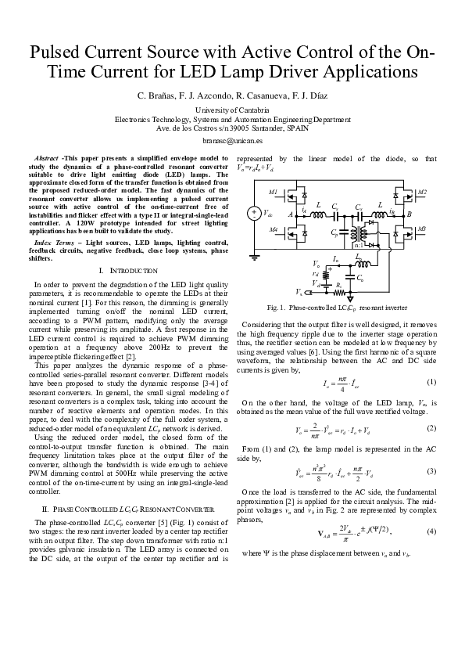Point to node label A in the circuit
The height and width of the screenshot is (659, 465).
291,214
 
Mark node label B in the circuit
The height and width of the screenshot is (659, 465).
410,213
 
